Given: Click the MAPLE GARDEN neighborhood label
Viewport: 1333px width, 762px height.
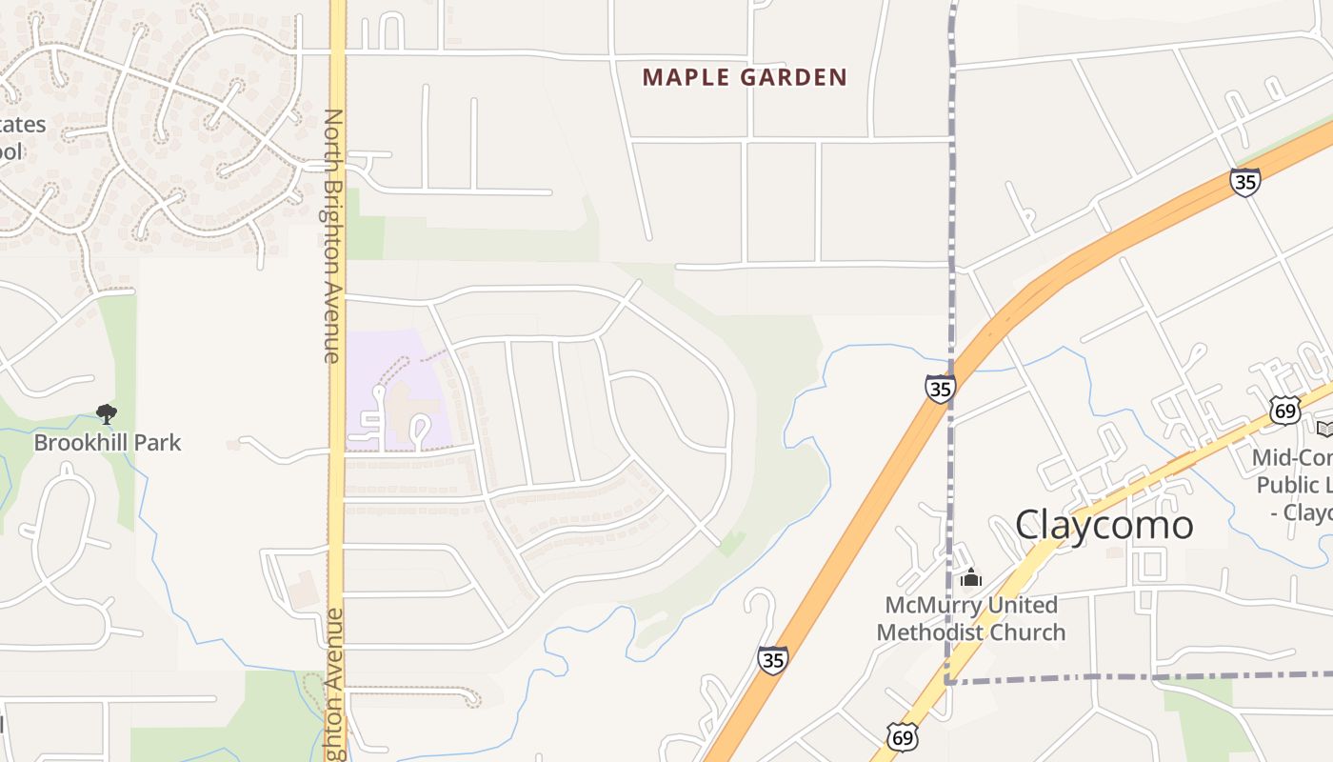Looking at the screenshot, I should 745,77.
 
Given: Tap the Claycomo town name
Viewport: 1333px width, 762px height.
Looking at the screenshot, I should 1104,525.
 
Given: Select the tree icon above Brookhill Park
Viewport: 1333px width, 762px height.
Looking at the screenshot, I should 107,413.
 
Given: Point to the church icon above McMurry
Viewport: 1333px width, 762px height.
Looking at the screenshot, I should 970,577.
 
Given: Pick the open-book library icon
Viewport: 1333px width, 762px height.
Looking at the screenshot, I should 1324,428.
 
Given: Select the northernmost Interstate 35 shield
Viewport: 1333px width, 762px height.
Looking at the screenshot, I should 1244,181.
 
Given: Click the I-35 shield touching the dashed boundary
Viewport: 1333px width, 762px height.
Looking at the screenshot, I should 940,388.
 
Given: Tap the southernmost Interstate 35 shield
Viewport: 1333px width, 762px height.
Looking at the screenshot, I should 773,659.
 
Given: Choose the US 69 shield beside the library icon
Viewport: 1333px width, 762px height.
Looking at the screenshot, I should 1284,411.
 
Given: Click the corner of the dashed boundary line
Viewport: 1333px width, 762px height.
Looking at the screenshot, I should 949,682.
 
